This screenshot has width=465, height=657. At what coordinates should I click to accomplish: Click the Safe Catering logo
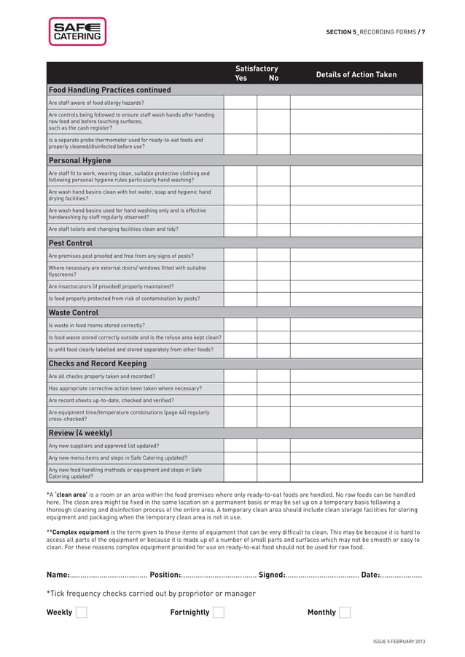click(77, 32)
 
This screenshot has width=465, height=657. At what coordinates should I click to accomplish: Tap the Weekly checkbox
click(81, 612)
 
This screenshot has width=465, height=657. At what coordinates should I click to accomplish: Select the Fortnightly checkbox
click(218, 612)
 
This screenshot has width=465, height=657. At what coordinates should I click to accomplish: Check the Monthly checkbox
click(345, 612)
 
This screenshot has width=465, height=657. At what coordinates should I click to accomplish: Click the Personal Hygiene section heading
click(79, 160)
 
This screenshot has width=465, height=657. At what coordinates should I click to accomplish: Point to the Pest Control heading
click(70, 243)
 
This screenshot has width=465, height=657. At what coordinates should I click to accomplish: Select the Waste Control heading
click(73, 312)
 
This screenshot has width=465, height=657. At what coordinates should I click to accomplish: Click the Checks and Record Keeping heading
click(97, 363)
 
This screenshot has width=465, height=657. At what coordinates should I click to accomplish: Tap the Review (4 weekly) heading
click(80, 433)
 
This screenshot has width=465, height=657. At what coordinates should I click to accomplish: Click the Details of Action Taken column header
click(356, 74)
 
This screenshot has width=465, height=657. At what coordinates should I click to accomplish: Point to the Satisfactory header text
click(256, 68)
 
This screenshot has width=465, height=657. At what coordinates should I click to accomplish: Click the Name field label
click(58, 575)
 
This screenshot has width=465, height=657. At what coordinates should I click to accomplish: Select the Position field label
click(165, 575)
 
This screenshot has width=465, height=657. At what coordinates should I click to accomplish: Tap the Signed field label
click(272, 575)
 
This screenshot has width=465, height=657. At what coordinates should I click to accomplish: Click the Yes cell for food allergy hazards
click(240, 103)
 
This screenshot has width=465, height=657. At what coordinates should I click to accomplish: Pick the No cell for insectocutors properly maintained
click(273, 286)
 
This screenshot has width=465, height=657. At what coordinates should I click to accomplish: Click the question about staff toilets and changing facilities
click(113, 229)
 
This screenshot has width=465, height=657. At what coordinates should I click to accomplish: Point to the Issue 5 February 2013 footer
click(399, 641)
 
